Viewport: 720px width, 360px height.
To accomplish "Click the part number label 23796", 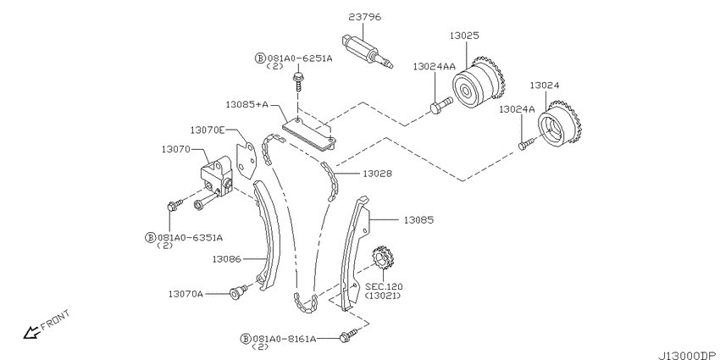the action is click(x=364, y=18).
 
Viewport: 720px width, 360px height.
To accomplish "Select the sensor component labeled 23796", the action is click(x=368, y=52).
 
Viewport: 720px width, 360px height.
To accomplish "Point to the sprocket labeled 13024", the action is click(x=559, y=124).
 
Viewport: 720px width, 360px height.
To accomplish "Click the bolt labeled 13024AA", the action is click(x=441, y=105).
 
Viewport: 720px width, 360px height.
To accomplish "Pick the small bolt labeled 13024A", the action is click(x=527, y=143).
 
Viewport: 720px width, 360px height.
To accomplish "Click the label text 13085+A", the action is click(x=246, y=105).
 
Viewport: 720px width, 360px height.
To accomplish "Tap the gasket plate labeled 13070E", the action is click(x=246, y=161).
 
